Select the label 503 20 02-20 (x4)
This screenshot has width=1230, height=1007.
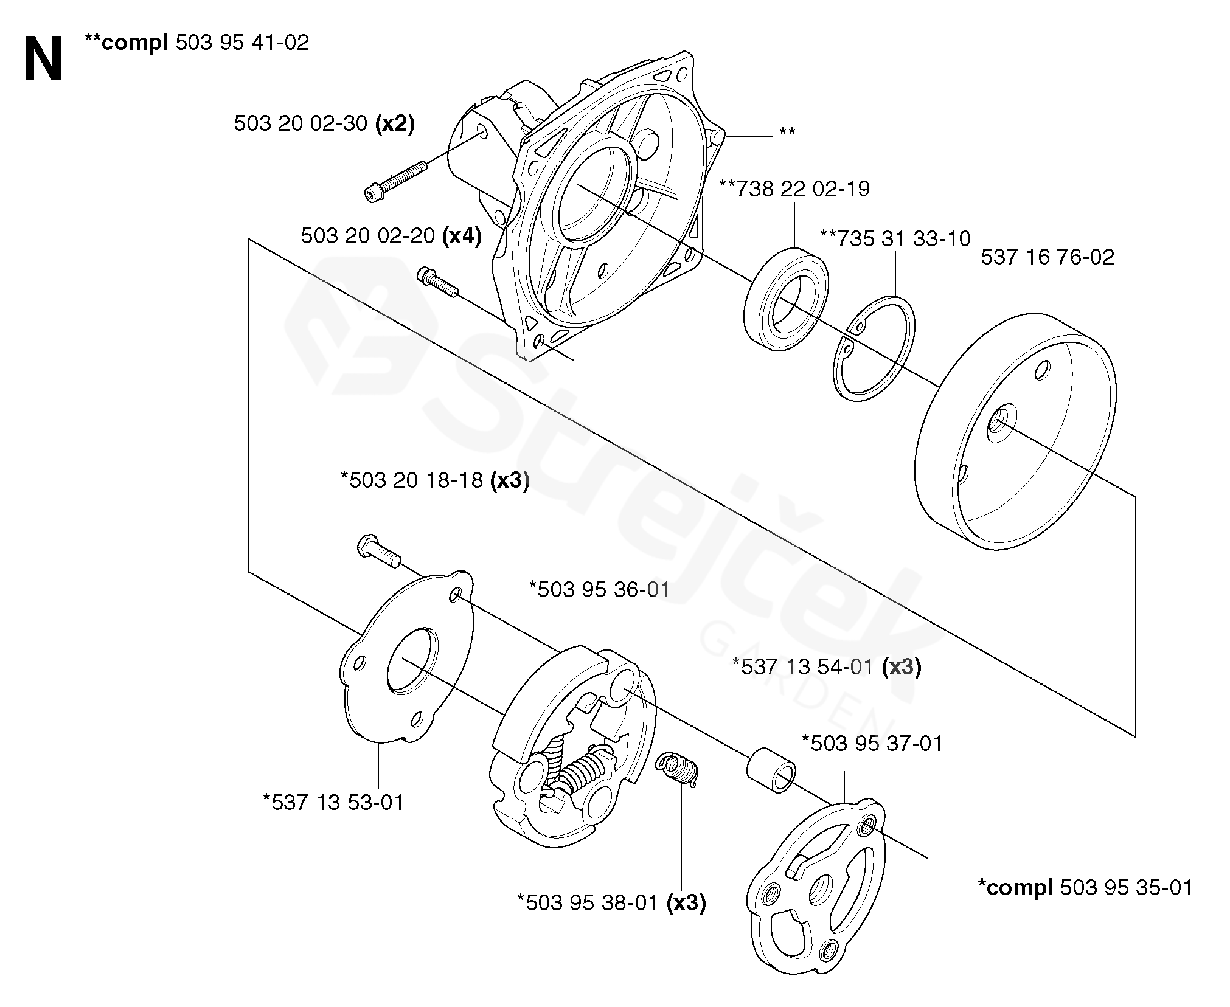click(x=391, y=236)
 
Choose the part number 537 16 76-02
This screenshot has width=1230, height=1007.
click(x=1048, y=257)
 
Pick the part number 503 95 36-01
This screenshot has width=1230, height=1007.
click(x=599, y=589)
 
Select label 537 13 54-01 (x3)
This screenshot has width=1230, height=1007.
click(x=827, y=667)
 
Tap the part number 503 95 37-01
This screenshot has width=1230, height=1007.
click(x=872, y=743)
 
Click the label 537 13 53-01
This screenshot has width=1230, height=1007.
click(x=333, y=802)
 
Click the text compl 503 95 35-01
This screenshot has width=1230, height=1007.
click(x=1085, y=887)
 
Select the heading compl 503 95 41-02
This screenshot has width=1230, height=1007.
click(x=197, y=43)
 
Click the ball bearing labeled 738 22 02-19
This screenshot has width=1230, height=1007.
click(x=785, y=299)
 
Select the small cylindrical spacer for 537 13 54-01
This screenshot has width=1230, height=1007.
click(x=771, y=771)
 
